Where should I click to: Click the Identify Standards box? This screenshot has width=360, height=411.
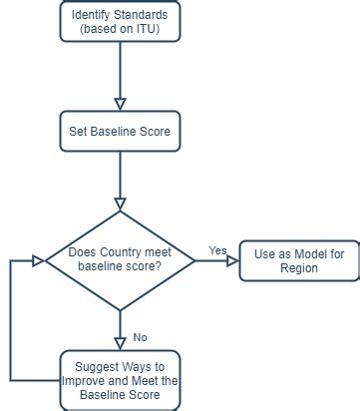click(120, 23)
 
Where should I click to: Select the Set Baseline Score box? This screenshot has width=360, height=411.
click(120, 131)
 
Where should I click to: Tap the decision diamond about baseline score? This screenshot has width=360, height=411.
click(120, 259)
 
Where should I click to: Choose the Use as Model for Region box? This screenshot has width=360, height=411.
click(298, 261)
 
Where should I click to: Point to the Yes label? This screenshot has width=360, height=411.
click(216, 249)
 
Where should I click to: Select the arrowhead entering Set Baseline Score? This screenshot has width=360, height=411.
click(120, 102)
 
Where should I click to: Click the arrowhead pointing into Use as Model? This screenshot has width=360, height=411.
click(232, 261)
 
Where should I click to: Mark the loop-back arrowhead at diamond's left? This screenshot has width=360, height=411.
click(38, 261)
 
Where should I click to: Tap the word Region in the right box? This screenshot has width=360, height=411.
click(298, 269)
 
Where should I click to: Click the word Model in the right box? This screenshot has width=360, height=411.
click(307, 254)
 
